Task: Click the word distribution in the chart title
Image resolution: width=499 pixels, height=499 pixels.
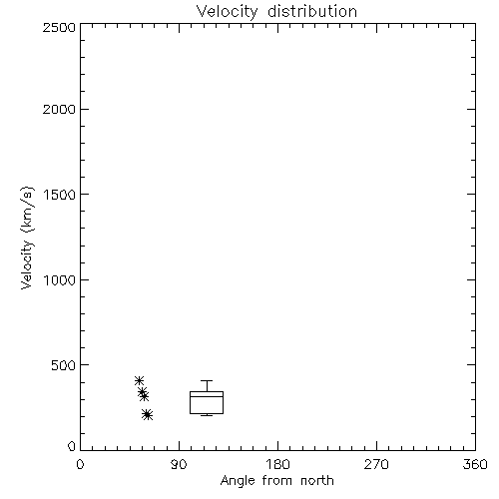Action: [x=312, y=12]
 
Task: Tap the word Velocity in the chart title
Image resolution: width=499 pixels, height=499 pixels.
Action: [x=228, y=12]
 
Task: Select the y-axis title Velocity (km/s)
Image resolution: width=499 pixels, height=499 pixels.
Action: [x=27, y=238]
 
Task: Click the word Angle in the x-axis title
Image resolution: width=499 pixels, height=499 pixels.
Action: [x=238, y=481]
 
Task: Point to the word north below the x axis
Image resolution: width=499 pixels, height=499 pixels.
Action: [x=317, y=480]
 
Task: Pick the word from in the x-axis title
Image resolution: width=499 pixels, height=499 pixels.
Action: [x=276, y=480]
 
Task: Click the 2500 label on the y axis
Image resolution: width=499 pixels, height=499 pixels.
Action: [x=59, y=27]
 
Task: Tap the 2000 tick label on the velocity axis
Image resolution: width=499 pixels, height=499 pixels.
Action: [x=59, y=110]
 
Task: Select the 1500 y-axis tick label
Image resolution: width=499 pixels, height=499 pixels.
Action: [x=60, y=195]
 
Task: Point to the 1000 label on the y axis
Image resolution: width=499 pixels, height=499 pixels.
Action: [x=60, y=280]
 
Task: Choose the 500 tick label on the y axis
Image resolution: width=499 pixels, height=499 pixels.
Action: [x=64, y=365]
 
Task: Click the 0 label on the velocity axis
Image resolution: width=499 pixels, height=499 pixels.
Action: [x=72, y=446]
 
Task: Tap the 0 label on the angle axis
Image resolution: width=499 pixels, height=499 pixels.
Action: [x=80, y=464]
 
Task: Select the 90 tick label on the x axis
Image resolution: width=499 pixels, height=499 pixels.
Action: [x=179, y=464]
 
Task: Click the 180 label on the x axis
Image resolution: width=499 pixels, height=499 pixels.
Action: [x=277, y=464]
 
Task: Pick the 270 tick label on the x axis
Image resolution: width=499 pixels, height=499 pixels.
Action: [x=376, y=464]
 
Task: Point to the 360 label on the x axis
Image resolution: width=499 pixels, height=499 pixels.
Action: [x=475, y=464]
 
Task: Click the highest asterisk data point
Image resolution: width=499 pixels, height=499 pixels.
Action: [x=139, y=381]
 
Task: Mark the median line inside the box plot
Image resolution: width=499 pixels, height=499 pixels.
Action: [x=207, y=396]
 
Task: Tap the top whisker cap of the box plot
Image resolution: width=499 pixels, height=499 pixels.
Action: [x=207, y=380]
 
